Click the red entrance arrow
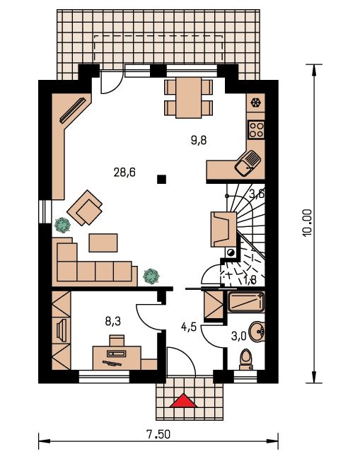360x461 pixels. click(183, 401)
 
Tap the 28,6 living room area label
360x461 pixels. click(124, 173)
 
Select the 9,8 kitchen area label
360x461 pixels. click(199, 140)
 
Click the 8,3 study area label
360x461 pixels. click(113, 321)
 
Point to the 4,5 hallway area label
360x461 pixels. click(189, 327)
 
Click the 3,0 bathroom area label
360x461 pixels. click(238, 336)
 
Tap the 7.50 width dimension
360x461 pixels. click(158, 434)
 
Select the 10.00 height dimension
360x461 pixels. click(307, 223)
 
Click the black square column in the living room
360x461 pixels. click(161, 179)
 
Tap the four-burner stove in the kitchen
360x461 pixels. click(256, 130)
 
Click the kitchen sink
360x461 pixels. click(248, 163)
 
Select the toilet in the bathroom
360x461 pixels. click(245, 359)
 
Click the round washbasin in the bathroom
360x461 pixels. click(257, 332)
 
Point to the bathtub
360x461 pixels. click(246, 301)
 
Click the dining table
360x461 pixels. click(189, 98)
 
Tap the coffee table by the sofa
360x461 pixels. click(103, 243)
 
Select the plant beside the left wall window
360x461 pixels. click(62, 225)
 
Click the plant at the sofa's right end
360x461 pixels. click(151, 276)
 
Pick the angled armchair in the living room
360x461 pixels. click(85, 208)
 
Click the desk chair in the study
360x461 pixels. click(117, 340)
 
